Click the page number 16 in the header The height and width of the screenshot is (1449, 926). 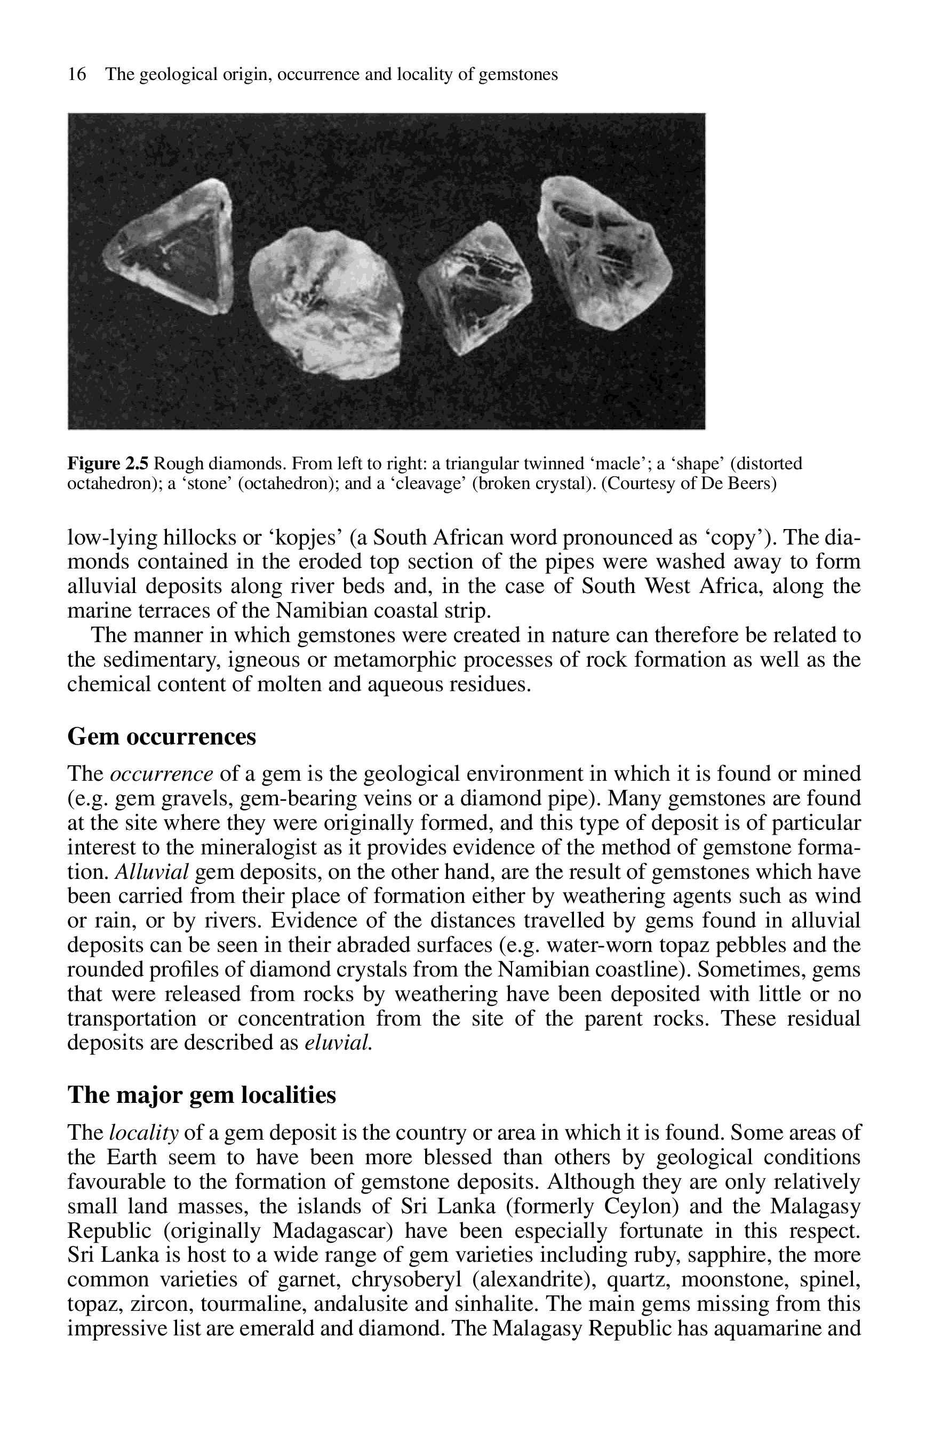pos(76,75)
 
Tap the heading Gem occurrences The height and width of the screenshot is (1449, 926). pos(162,736)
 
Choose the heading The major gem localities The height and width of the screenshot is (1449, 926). pos(202,1094)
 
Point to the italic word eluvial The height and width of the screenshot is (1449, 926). pos(339,1043)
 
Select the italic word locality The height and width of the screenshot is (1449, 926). pos(143,1133)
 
